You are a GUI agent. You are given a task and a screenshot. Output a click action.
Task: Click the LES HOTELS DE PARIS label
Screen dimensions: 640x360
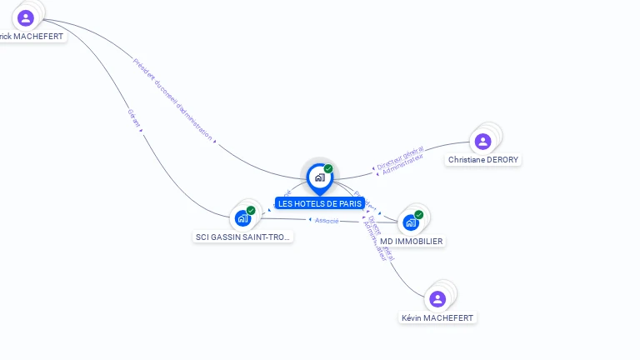click(x=320, y=203)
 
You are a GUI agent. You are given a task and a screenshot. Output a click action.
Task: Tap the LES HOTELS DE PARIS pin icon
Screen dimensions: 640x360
click(x=319, y=177)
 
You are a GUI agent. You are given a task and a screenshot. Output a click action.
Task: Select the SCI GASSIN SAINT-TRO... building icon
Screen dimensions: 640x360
click(x=242, y=218)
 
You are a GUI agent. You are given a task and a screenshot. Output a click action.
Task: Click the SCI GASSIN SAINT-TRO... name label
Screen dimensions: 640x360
click(x=243, y=237)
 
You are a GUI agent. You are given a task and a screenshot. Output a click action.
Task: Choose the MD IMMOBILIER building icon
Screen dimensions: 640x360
click(x=410, y=222)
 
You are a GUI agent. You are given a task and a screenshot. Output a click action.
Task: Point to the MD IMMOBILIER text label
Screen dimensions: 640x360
click(x=412, y=241)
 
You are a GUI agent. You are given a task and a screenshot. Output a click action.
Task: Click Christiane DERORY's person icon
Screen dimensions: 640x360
click(x=482, y=142)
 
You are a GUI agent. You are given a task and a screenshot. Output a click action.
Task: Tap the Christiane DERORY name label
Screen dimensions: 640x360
click(x=484, y=159)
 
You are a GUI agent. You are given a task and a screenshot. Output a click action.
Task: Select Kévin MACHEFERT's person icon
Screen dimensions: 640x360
click(x=437, y=299)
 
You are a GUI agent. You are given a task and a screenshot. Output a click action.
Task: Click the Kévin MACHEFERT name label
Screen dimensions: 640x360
click(x=437, y=317)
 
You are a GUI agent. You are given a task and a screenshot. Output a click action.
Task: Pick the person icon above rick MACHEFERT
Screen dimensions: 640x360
click(x=26, y=17)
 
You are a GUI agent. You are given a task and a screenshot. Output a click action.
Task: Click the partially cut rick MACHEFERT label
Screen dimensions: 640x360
click(x=32, y=37)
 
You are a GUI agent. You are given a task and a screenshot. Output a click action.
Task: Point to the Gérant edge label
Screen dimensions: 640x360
click(x=133, y=118)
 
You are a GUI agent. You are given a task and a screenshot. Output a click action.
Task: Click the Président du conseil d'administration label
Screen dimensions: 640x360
click(x=172, y=98)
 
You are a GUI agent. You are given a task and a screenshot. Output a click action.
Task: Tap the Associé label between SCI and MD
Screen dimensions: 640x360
click(x=326, y=220)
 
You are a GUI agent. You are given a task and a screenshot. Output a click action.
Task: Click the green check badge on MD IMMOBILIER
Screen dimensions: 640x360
click(x=419, y=215)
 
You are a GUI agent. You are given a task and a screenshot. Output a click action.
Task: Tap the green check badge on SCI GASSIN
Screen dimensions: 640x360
click(x=251, y=211)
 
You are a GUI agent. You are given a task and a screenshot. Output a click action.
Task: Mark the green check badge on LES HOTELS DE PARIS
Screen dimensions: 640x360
click(x=328, y=169)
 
